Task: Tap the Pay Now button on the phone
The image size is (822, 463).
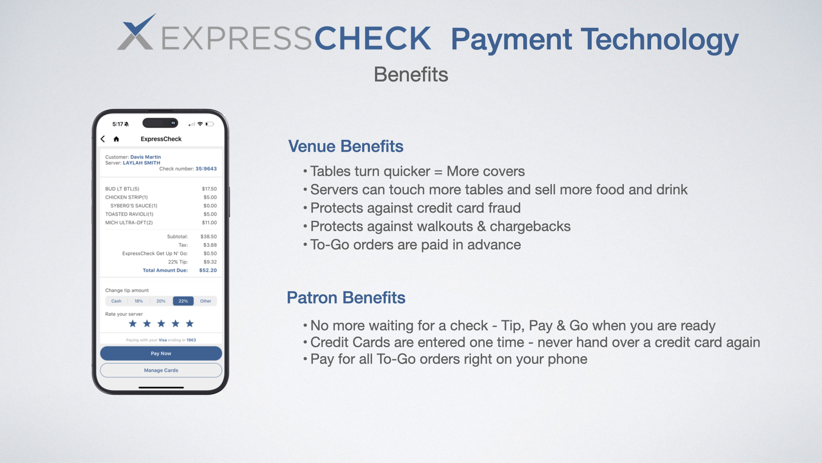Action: pyautogui.click(x=161, y=353)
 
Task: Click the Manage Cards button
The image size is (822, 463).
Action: pyautogui.click(x=161, y=370)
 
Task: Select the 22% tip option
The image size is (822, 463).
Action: pyautogui.click(x=183, y=301)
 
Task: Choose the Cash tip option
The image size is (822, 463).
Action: pyautogui.click(x=116, y=301)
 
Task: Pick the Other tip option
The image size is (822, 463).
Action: pyautogui.click(x=205, y=301)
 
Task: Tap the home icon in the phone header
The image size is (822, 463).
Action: pyautogui.click(x=116, y=139)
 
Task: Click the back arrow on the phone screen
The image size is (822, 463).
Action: pyautogui.click(x=103, y=139)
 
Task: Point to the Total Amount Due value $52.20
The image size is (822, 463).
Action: pyautogui.click(x=208, y=271)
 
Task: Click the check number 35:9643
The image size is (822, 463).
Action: pyautogui.click(x=206, y=169)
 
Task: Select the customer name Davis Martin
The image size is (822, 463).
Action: pyautogui.click(x=146, y=157)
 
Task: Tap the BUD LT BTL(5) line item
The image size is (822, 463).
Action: pyautogui.click(x=122, y=189)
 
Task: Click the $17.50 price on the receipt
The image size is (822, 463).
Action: pyautogui.click(x=209, y=189)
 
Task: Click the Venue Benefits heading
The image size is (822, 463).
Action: pyautogui.click(x=346, y=146)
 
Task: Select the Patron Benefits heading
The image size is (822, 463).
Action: pyautogui.click(x=346, y=298)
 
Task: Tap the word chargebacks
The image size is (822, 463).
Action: pyautogui.click(x=530, y=226)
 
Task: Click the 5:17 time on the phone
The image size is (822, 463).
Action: pyautogui.click(x=118, y=124)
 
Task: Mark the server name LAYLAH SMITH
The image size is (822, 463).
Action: pyautogui.click(x=142, y=163)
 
